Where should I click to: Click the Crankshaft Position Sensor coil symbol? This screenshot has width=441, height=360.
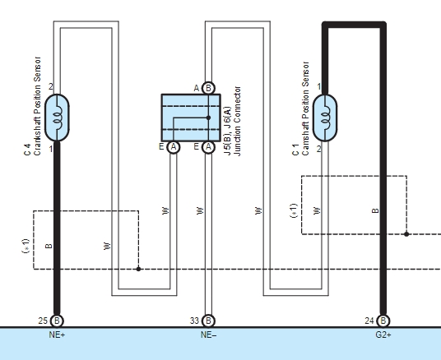pos(57,118)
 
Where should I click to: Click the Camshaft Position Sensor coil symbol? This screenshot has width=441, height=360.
pos(326,118)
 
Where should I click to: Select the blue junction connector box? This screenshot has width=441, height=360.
pos(190,118)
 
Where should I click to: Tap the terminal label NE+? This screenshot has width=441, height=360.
pos(57,336)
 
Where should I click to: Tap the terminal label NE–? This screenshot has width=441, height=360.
pos(208,336)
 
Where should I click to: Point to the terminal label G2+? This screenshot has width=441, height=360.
pos(383,336)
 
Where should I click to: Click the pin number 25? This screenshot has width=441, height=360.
pos(43,320)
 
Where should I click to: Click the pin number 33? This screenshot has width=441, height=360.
pos(194,320)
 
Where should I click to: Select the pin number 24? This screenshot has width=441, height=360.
pos(369,320)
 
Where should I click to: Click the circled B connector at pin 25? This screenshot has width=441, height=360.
pos(57,321)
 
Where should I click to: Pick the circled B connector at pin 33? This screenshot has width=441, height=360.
pos(208,321)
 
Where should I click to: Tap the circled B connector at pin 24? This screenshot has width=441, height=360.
pos(383,321)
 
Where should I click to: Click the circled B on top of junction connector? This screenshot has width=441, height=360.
pos(208,87)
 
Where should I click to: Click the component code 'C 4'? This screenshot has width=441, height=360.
pos(27,149)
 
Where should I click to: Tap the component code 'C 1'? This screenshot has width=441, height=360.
pos(295,150)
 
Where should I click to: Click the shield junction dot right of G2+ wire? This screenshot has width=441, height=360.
pos(406,234)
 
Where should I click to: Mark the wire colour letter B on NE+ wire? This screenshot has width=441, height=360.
pos(48,246)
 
